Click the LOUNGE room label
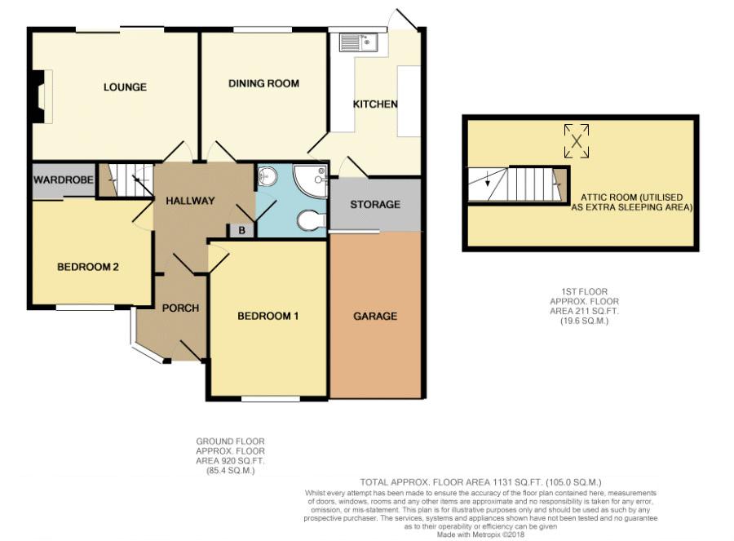[125, 87]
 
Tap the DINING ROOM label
[263, 83]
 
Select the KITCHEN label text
[375, 104]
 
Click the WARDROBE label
[63, 180]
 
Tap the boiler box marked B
[242, 230]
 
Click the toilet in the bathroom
[312, 220]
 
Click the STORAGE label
[375, 204]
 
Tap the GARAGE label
[375, 316]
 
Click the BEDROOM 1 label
[268, 316]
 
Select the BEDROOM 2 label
[87, 267]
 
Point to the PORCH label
[181, 308]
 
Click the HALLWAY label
[190, 201]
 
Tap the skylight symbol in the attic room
[577, 141]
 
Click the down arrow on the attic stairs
[488, 179]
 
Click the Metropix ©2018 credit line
[480, 534]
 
